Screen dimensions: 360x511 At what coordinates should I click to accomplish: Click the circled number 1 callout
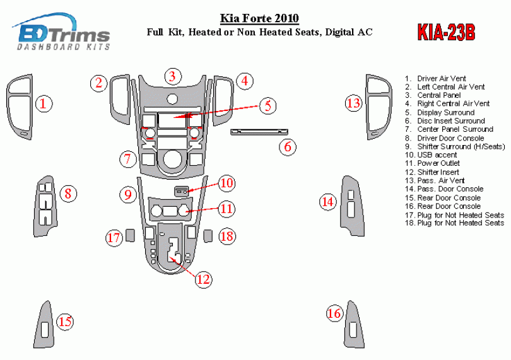[43, 103]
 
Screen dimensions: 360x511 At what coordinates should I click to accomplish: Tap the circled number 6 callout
[288, 148]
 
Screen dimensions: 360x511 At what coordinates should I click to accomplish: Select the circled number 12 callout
[203, 279]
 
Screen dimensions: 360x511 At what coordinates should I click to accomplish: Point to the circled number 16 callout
[334, 313]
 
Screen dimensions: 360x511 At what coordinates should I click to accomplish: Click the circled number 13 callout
[353, 103]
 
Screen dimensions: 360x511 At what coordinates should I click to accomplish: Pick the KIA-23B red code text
[446, 32]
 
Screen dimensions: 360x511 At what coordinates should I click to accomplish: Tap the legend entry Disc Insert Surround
[450, 120]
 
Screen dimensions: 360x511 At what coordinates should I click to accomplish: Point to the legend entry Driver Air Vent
[441, 78]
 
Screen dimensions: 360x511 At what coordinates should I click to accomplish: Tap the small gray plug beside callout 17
[130, 236]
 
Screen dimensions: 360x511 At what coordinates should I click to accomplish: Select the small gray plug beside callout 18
[208, 236]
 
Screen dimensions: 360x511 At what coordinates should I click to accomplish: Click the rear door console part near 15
[47, 323]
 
